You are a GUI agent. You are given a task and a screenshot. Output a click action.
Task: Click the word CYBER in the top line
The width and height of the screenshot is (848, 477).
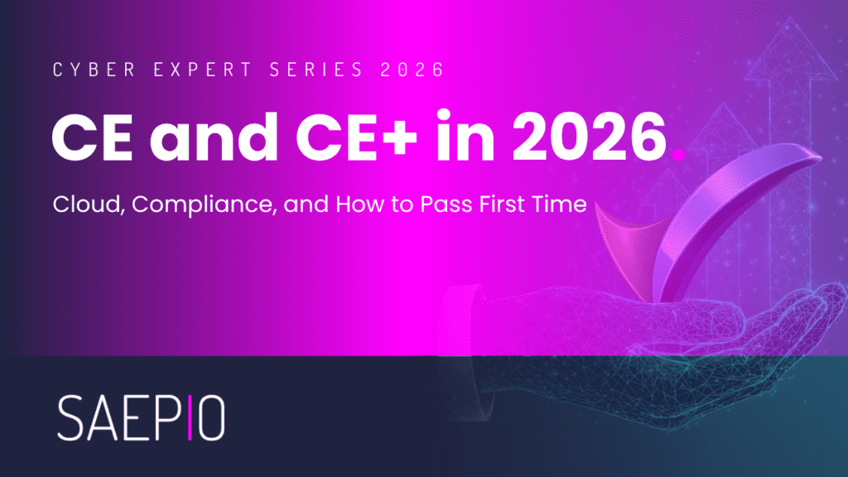tap(94, 70)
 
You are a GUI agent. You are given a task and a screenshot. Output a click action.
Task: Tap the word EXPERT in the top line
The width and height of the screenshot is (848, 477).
tap(203, 70)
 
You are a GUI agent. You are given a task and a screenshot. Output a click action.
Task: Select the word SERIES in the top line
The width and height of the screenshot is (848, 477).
tap(316, 70)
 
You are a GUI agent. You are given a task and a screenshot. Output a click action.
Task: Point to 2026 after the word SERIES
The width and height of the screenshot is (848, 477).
tap(412, 70)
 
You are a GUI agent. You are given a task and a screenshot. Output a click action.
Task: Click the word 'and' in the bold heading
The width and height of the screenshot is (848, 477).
tap(214, 136)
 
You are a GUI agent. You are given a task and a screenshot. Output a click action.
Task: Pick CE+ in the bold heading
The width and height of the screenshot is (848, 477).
tap(356, 137)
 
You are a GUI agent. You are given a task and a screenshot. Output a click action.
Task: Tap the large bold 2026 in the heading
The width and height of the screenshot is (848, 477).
tap(590, 137)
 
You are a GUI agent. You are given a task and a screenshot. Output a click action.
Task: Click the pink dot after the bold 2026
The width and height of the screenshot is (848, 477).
tap(677, 155)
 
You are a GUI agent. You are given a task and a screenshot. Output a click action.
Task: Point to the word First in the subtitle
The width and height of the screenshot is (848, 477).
tap(494, 205)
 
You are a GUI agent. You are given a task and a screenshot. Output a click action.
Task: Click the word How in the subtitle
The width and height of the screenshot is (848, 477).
tap(359, 205)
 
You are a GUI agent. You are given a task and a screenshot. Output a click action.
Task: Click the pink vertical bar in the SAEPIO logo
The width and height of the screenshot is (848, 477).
tap(190, 417)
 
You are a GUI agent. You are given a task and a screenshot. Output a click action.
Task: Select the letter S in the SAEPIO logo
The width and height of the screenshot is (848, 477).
tap(71, 417)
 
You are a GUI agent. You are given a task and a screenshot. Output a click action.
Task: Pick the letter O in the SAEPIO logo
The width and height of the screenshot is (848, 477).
tap(211, 417)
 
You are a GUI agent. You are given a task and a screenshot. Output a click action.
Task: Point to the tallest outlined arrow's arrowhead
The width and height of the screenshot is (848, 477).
tap(790, 49)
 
